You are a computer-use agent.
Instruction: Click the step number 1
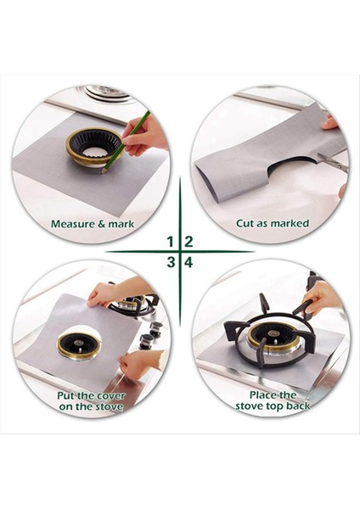point(171,242)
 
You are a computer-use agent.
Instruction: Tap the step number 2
point(188,242)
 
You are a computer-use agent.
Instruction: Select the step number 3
point(171,261)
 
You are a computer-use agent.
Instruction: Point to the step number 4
point(188,261)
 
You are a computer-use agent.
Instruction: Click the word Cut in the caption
point(245,223)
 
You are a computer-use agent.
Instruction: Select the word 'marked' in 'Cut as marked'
point(290,223)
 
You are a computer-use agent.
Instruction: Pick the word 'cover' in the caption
point(110,396)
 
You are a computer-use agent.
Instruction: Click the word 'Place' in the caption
point(262,395)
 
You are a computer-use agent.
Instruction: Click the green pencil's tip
point(102,172)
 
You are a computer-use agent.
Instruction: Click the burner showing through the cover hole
point(79,344)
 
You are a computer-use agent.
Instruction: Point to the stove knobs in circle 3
point(150,333)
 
